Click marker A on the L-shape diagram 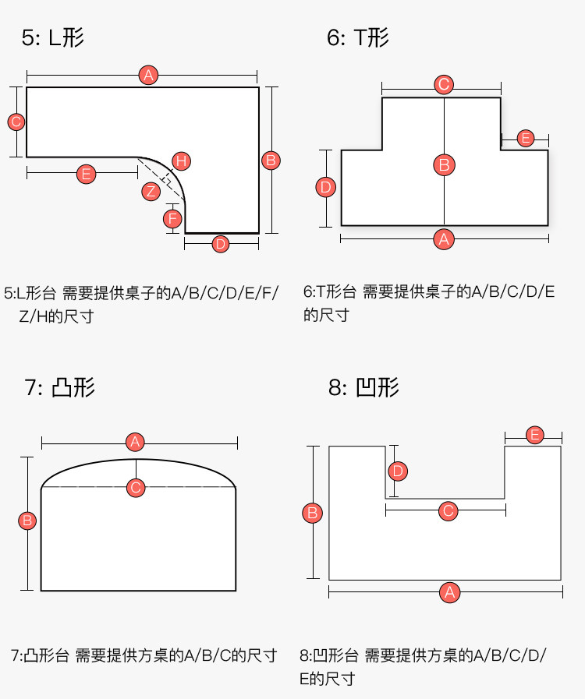point(148,76)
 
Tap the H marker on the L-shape point(181,161)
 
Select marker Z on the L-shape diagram point(151,190)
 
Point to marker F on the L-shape point(173,217)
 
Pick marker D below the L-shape point(221,244)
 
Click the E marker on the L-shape point(87,175)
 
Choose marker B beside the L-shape point(271,161)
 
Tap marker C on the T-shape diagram point(443,84)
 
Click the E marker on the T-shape point(525,139)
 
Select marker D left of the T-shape point(326,187)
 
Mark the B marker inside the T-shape point(444,164)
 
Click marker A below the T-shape point(444,238)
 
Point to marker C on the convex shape point(136,488)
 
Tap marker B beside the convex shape point(27,520)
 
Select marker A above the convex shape point(136,442)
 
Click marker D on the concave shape point(398,471)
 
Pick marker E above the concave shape point(534,435)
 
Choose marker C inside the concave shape point(448,511)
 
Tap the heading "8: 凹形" point(363,387)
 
